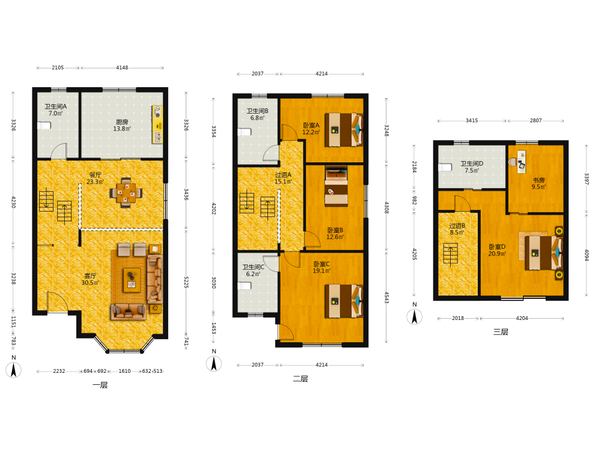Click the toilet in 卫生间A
(44, 126)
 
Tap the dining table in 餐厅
(126, 192)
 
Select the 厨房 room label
(122, 122)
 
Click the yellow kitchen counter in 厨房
(157, 124)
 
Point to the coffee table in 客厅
(132, 280)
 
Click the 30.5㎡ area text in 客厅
(90, 283)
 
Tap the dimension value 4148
(122, 67)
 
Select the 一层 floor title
(100, 385)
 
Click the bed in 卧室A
(343, 130)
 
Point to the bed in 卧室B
(336, 186)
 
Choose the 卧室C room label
(321, 264)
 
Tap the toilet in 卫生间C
(244, 286)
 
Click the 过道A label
(283, 175)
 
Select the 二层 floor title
(300, 379)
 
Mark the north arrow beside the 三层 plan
(414, 317)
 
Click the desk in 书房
(521, 162)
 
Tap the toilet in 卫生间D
(445, 167)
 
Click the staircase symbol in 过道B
(450, 253)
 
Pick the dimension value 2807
(535, 120)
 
